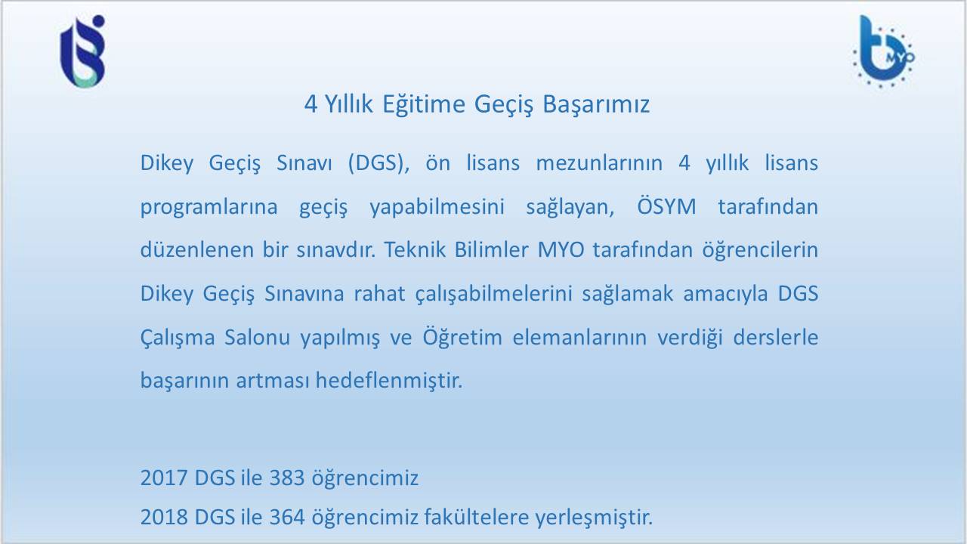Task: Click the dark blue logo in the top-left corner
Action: point(82,51)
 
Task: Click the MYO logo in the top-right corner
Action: point(884,51)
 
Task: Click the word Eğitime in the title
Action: point(424,104)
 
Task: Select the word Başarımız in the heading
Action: point(596,105)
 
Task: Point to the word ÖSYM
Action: point(666,206)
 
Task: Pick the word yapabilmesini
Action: point(437,207)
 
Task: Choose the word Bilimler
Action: point(491,249)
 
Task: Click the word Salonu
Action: point(258,337)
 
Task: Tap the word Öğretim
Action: point(462,337)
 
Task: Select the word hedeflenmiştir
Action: point(389,381)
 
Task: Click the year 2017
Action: point(164,478)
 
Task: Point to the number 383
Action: point(287,478)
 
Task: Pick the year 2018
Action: point(164,518)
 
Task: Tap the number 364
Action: point(287,518)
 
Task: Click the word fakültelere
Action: point(476,517)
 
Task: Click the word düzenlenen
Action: point(197,249)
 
